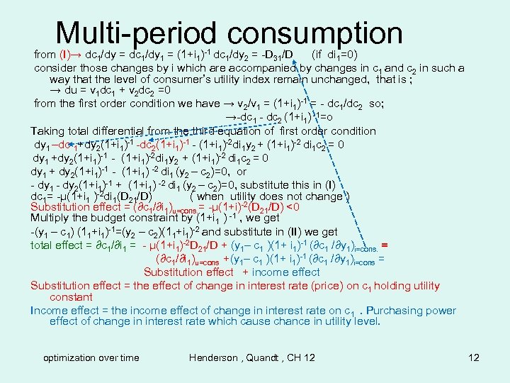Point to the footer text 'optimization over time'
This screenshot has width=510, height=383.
(91, 357)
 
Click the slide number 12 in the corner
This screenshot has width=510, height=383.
(474, 357)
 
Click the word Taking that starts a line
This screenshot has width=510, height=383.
(48, 131)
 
